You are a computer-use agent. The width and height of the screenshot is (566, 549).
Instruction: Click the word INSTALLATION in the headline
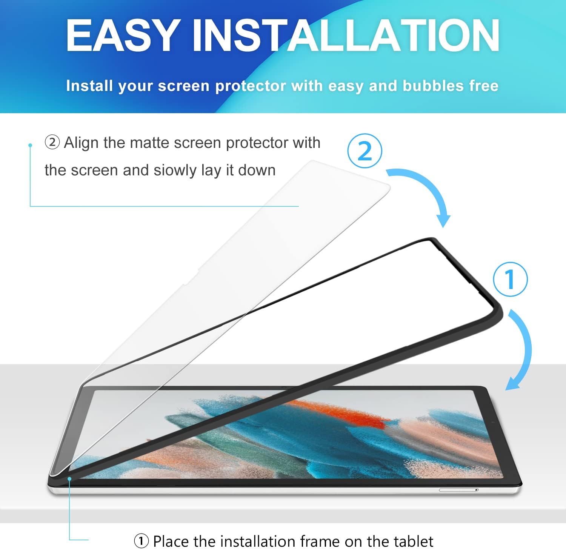coord(346,35)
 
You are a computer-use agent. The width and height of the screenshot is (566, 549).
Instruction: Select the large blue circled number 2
coord(365,151)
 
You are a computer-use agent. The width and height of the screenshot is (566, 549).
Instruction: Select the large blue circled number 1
coord(511,279)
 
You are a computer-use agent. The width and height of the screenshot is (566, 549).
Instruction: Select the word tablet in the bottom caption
coord(414,541)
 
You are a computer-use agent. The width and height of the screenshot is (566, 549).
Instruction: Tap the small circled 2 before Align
coord(52,143)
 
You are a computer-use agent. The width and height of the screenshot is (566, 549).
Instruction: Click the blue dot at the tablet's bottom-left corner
coord(69,479)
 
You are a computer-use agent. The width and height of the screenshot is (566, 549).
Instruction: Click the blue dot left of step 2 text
coord(30,145)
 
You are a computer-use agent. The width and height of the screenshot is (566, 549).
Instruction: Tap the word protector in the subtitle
coord(251,86)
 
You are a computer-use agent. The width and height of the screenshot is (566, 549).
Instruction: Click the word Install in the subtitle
coord(89,86)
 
